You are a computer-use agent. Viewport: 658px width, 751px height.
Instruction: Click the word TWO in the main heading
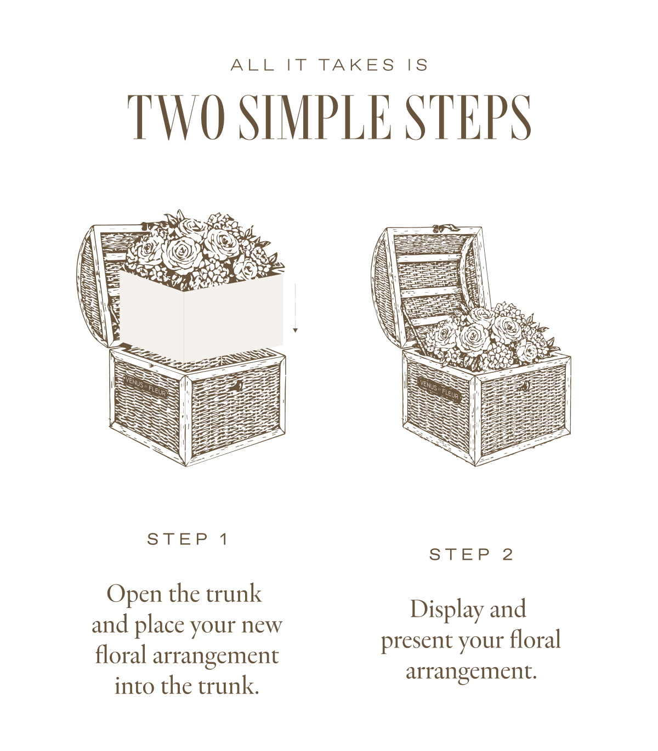coord(176,117)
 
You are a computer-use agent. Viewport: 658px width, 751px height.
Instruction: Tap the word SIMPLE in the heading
coord(315,117)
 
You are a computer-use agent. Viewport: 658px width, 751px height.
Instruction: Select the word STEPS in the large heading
coord(468,117)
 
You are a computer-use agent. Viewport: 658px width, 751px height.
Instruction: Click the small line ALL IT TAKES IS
coord(329,65)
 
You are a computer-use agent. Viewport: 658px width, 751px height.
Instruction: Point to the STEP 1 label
coord(188,539)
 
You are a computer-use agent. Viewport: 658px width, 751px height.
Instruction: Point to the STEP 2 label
coord(471,555)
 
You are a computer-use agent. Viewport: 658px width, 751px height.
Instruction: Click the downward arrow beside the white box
coord(295,308)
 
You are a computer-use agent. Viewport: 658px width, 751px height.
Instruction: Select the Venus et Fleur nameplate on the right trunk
coord(439,390)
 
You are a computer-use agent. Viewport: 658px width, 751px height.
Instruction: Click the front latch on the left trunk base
coord(237,386)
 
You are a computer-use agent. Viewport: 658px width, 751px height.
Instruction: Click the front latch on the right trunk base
coord(525,386)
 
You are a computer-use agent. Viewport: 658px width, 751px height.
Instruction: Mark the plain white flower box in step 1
coord(202,316)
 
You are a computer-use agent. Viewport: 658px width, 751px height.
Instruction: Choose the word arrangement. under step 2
coord(471,672)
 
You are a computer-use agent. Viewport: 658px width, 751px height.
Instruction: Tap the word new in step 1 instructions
coord(262,625)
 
